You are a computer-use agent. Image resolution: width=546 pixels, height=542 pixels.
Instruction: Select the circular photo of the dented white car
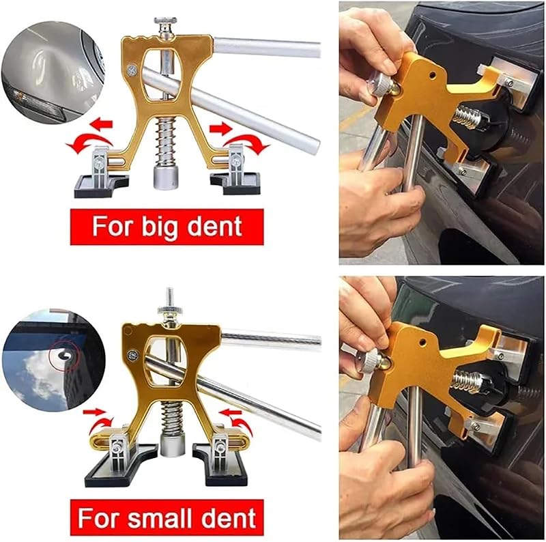tap(53, 72)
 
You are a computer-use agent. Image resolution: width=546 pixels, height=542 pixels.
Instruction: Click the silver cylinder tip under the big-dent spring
tap(166, 177)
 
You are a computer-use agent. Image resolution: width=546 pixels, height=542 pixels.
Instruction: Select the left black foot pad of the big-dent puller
tap(101, 186)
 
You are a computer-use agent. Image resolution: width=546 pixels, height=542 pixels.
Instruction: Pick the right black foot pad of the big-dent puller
tap(235, 183)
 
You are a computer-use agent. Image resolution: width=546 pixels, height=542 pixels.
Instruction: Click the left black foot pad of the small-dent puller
tap(121, 465)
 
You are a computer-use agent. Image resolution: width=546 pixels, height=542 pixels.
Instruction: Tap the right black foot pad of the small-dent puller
tap(220, 464)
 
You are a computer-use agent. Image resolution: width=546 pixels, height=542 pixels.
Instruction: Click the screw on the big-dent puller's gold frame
tap(132, 70)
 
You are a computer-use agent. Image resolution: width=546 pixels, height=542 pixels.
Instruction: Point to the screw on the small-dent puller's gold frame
tap(132, 355)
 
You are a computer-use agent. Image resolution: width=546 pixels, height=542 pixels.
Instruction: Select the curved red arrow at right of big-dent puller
tap(247, 143)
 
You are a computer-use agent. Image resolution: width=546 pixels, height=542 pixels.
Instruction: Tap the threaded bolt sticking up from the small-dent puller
tap(170, 296)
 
